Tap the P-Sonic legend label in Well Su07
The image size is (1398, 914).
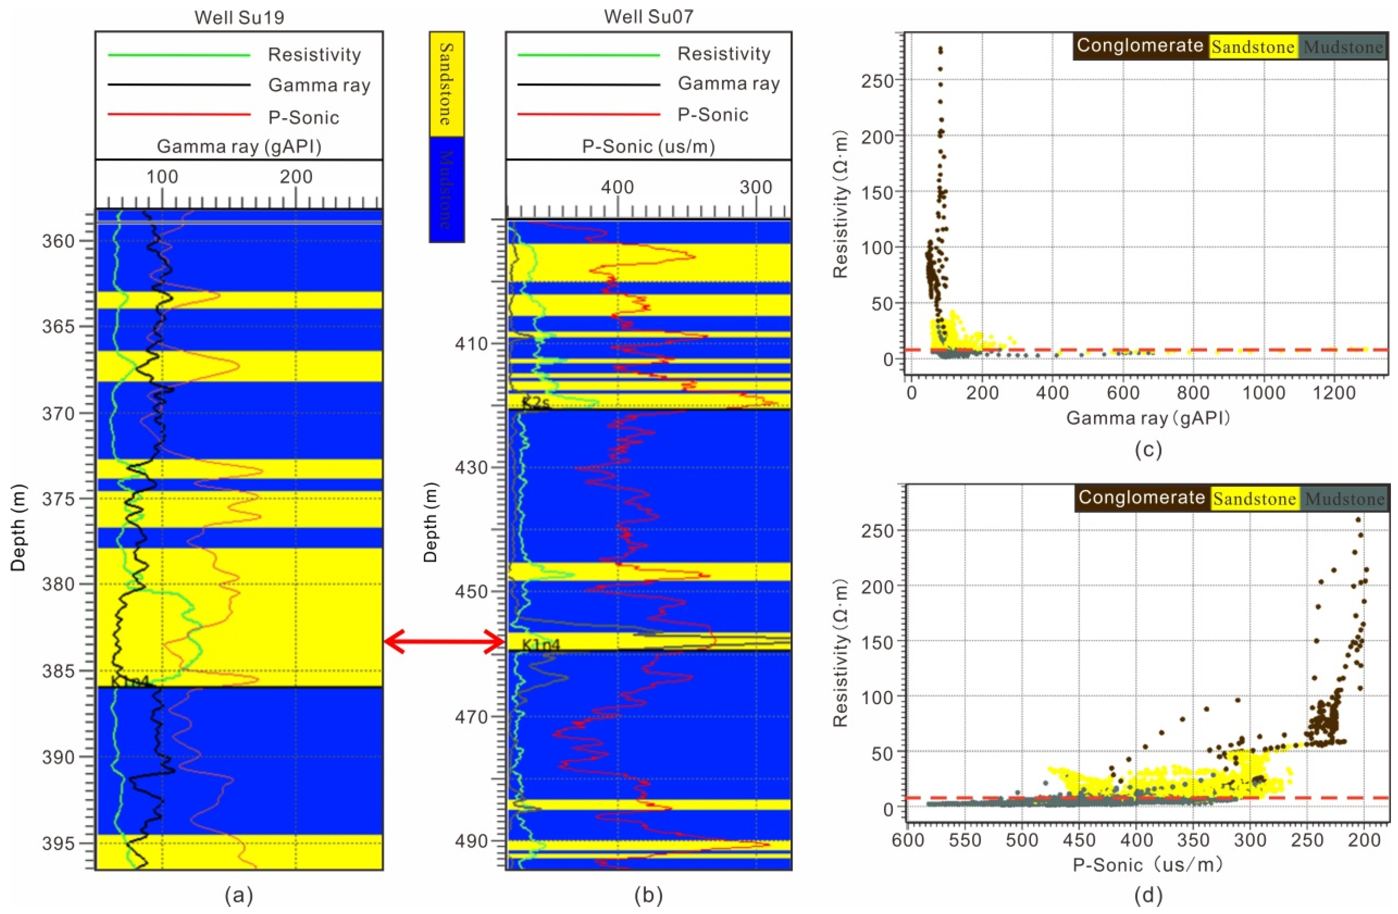(713, 114)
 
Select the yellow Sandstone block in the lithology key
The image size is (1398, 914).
(446, 84)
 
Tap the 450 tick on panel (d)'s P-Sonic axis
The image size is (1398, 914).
(1080, 841)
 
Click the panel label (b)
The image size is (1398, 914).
(649, 896)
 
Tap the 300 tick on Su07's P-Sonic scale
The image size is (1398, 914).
(755, 187)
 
